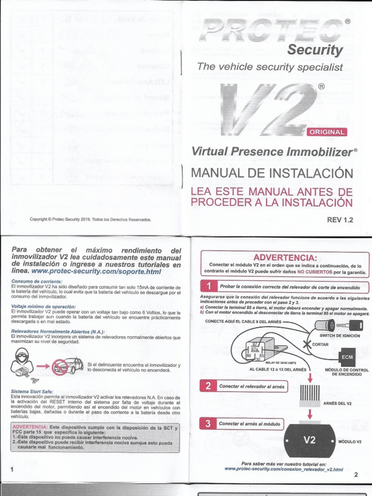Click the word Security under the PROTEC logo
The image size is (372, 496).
pos(315,50)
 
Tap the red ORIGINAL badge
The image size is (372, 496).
pos(327,132)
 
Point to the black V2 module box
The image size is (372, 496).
pos(310,440)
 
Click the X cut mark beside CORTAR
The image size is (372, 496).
pos(306,344)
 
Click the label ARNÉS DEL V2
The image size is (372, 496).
pos(337,403)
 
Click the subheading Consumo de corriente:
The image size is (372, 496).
pos(33,281)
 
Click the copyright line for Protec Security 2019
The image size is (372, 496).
pos(91,219)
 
